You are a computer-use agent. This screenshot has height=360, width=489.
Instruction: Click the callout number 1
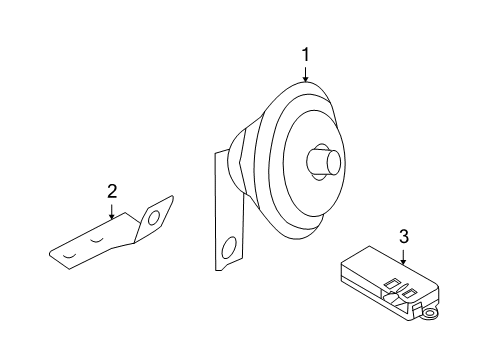tap(305, 55)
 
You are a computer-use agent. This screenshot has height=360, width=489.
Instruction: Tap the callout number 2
tap(112, 192)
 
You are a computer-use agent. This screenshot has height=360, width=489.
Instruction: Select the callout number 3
tap(404, 236)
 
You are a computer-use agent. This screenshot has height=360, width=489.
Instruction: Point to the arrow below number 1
tap(305, 73)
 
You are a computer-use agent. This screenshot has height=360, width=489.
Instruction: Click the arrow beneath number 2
tap(112, 211)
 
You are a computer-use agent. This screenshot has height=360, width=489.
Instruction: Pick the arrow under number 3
tap(404, 256)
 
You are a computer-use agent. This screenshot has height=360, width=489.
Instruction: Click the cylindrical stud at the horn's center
tap(324, 162)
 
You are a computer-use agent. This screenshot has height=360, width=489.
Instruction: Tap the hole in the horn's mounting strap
tap(229, 249)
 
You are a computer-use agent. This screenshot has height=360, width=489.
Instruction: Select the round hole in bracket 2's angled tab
tap(154, 218)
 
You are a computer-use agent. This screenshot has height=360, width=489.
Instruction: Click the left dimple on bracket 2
tap(70, 256)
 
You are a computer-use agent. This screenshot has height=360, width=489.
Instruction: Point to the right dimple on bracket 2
tap(97, 240)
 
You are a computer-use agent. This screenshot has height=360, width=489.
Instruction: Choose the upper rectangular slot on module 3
tap(392, 283)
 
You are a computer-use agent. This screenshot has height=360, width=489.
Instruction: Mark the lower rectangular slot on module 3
tap(410, 293)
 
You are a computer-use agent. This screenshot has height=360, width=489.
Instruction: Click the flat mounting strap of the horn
tap(228, 213)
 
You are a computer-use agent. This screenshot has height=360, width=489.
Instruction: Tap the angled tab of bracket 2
tap(154, 218)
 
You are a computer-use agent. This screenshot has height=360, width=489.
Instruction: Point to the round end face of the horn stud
tap(333, 162)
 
